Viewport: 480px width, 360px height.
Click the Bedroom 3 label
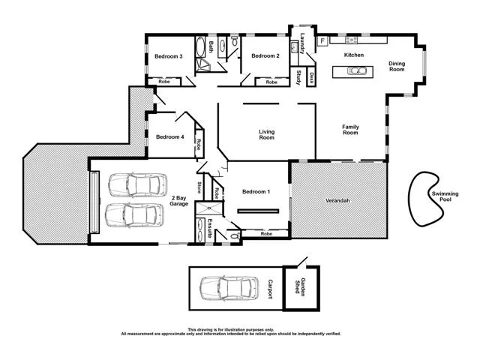169,57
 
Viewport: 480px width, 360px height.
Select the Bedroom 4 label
170,137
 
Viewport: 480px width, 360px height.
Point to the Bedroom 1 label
256,193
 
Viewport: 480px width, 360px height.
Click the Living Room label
266,135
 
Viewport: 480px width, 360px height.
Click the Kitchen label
353,56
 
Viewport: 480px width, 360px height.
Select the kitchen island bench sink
357,72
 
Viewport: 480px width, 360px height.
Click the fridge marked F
322,40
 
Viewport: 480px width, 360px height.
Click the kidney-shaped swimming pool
428,199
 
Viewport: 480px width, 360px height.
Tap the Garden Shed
303,288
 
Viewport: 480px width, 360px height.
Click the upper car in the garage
135,184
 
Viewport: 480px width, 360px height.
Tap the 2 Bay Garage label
178,200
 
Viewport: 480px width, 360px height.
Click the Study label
298,77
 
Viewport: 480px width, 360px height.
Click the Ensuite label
211,228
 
